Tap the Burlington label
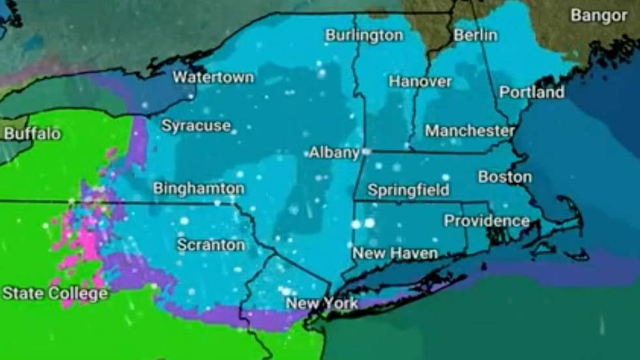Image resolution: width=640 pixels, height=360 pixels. pos(364,35)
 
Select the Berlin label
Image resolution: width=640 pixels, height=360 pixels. pos(475,35)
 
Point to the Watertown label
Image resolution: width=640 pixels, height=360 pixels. pos(213,77)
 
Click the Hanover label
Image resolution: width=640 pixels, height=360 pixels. pos(420,82)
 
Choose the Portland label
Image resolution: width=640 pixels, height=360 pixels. pos(532,92)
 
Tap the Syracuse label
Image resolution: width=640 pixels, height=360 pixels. pos(196,125)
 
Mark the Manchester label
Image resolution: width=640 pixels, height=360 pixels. pos(470,131)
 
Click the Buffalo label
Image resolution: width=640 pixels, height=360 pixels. pos(32,134)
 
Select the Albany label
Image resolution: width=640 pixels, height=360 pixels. pos(334,153)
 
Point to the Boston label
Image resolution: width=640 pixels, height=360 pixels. pos(505,177)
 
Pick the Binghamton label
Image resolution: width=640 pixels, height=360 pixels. pos(199,189)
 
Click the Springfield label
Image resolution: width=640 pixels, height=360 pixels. pos(408,190)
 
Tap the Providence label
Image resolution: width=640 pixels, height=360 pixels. pos(487,221)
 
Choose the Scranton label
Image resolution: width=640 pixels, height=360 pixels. pos(211,246)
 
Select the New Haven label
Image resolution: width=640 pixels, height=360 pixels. pos(395,253)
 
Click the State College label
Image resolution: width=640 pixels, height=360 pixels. pos(55,293)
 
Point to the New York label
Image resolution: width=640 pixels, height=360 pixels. pos(322,303)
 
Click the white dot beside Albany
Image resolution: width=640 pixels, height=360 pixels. pos(366,151)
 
